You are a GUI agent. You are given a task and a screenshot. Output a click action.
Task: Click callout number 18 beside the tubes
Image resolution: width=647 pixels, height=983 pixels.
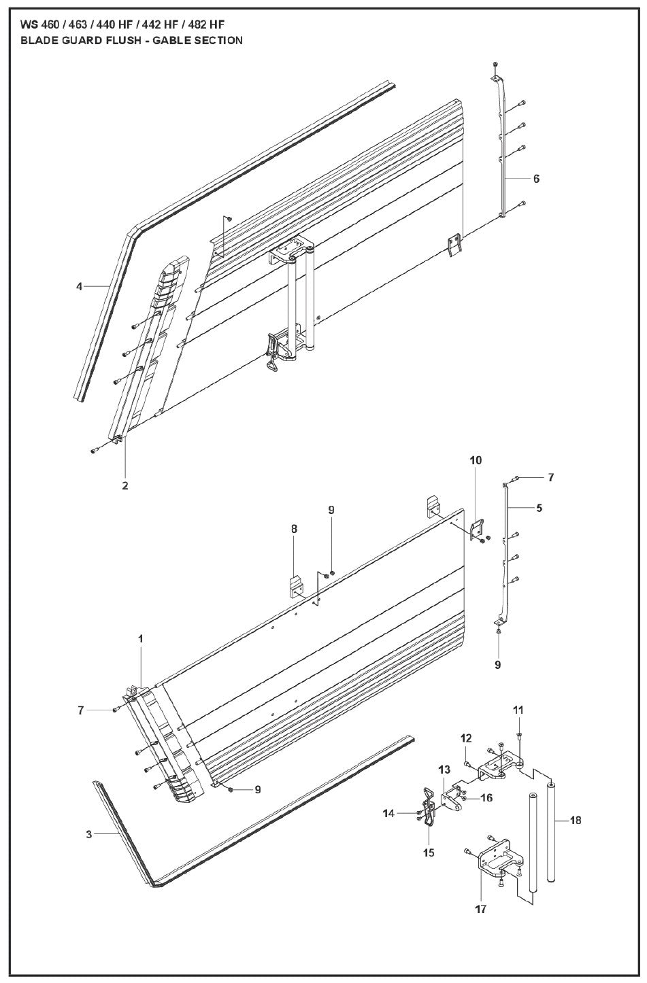[x=576, y=821]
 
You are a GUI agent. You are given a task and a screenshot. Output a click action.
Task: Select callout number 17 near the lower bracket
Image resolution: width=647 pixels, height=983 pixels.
[x=482, y=908]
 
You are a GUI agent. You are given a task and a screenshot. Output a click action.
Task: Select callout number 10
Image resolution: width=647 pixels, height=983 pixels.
[x=475, y=460]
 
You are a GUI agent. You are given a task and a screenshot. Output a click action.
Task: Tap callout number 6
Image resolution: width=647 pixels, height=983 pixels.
[x=536, y=179]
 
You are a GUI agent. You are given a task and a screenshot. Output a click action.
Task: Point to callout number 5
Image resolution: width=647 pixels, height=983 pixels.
[x=539, y=507]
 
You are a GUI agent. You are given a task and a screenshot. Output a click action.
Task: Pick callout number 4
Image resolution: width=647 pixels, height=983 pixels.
[x=80, y=287]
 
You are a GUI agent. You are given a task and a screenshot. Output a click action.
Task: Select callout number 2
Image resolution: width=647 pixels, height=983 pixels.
[x=125, y=485]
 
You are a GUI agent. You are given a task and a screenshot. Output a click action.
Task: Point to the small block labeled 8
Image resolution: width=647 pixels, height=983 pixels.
[x=297, y=586]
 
